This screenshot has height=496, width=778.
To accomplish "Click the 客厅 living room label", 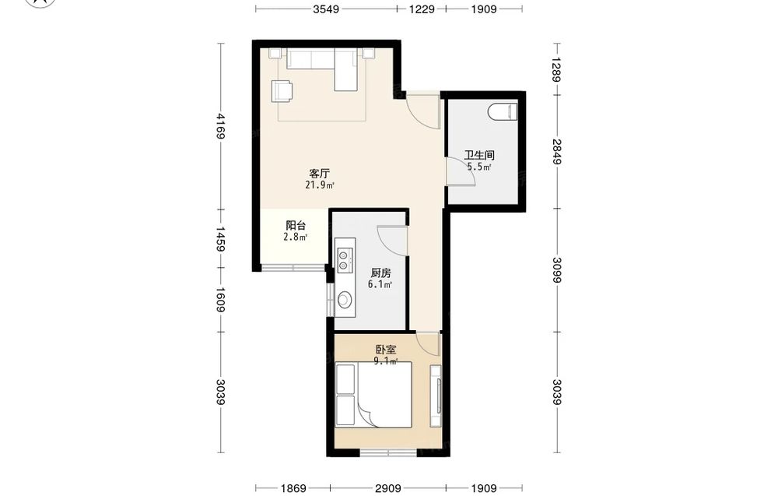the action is [320, 174].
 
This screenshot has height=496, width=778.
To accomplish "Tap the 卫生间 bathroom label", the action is [478, 155].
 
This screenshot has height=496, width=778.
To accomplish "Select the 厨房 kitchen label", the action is [380, 273].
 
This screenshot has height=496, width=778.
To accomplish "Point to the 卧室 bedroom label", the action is [386, 350].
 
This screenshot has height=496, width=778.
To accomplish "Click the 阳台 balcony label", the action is [296, 225].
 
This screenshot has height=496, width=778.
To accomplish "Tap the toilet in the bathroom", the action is [503, 111].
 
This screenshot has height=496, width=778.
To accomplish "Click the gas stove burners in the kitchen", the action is [343, 261].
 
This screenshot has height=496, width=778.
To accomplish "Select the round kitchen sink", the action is [344, 299].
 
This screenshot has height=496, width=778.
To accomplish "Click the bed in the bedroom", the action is [373, 395].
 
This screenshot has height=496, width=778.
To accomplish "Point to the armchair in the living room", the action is [282, 91].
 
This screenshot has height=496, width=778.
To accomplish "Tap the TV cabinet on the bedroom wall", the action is [436, 396].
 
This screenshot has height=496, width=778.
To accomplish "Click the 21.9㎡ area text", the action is [320, 185].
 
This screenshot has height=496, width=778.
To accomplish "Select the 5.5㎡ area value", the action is [478, 167].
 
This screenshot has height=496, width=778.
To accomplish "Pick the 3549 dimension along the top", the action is [326, 9].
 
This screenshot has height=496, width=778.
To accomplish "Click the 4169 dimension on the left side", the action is [221, 127].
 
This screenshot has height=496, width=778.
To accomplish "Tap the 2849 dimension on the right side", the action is [557, 151].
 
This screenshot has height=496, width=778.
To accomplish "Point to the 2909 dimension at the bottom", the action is [388, 488].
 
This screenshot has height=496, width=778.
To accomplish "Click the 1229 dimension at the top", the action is [422, 9].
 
